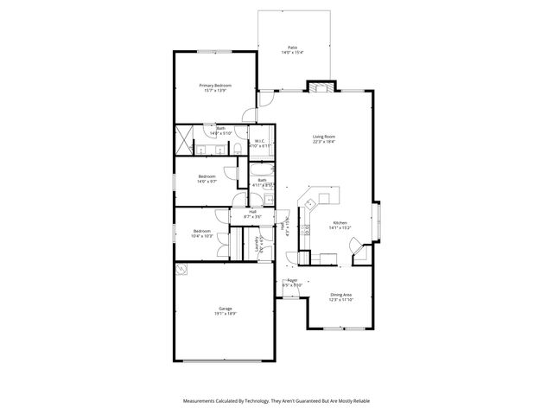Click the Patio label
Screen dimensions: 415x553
point(292,50)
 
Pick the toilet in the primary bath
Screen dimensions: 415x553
point(237,150)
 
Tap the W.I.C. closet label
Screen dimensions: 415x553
point(260,144)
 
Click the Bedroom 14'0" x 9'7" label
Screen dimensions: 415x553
point(207,179)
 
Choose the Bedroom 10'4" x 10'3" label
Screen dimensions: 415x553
point(202,233)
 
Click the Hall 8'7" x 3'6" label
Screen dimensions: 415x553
point(253,214)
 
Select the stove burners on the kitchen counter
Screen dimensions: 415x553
point(305,231)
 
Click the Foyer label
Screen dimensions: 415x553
point(292,282)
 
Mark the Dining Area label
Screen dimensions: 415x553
point(340,297)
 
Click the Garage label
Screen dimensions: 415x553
point(225,311)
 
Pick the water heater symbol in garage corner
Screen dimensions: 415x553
point(183,271)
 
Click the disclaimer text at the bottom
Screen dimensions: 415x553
point(276,401)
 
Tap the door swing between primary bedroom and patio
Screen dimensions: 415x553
point(250,113)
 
